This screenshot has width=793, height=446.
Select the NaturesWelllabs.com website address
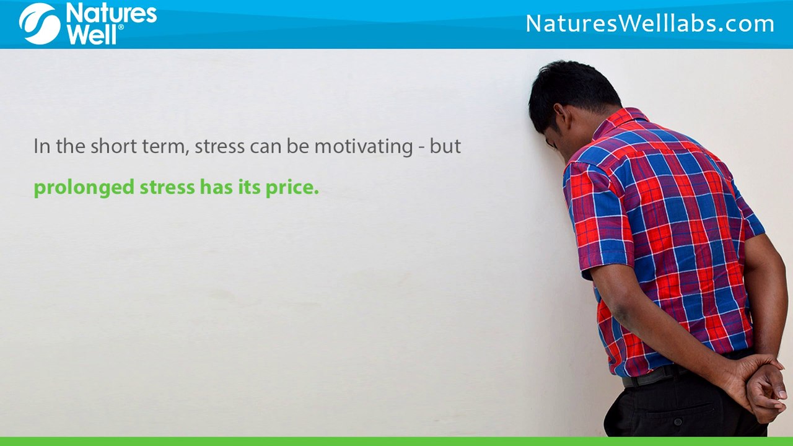pos(650,24)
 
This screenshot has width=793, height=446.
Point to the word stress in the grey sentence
pos(219,147)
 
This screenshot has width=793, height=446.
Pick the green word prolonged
pos(84,188)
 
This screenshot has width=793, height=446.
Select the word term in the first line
pos(166,147)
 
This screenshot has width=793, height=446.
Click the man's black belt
pos(651,375)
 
